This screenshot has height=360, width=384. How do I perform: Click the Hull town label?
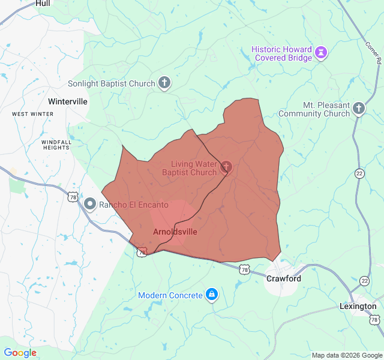click(43, 4)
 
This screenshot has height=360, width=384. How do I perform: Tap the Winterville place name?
click(67, 101)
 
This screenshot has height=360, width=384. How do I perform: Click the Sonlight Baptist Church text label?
click(112, 84)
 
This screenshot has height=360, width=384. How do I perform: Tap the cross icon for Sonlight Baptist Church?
click(164, 83)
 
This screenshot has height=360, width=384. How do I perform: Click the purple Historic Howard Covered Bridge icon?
click(322, 53)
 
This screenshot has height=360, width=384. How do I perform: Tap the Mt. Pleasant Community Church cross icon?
click(359, 109)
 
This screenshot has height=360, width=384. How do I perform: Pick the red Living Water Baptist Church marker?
click(226, 167)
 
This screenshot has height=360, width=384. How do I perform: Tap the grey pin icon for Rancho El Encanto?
click(90, 205)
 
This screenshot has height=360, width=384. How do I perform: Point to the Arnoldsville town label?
click(175, 232)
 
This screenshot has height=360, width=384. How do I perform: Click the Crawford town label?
click(284, 279)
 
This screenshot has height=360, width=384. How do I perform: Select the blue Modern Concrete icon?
click(211, 295)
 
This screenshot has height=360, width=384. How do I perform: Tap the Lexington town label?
click(358, 306)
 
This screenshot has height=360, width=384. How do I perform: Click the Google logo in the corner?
click(20, 353)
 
